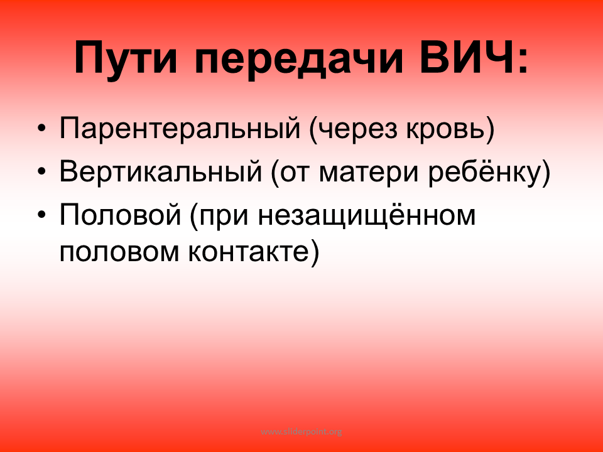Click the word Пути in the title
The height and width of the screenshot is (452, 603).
(126, 58)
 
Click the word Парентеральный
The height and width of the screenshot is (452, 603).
(180, 128)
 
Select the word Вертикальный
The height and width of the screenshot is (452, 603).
(161, 171)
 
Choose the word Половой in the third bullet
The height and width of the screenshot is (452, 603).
(121, 215)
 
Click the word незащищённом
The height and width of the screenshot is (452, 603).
(367, 215)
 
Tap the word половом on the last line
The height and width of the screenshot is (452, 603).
(119, 252)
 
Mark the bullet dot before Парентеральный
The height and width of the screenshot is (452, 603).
(41, 128)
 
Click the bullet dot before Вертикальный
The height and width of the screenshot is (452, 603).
(41, 172)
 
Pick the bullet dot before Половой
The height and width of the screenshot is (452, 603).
(41, 215)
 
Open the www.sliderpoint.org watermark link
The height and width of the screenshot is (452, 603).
(301, 432)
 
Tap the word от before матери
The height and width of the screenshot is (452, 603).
(295, 174)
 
